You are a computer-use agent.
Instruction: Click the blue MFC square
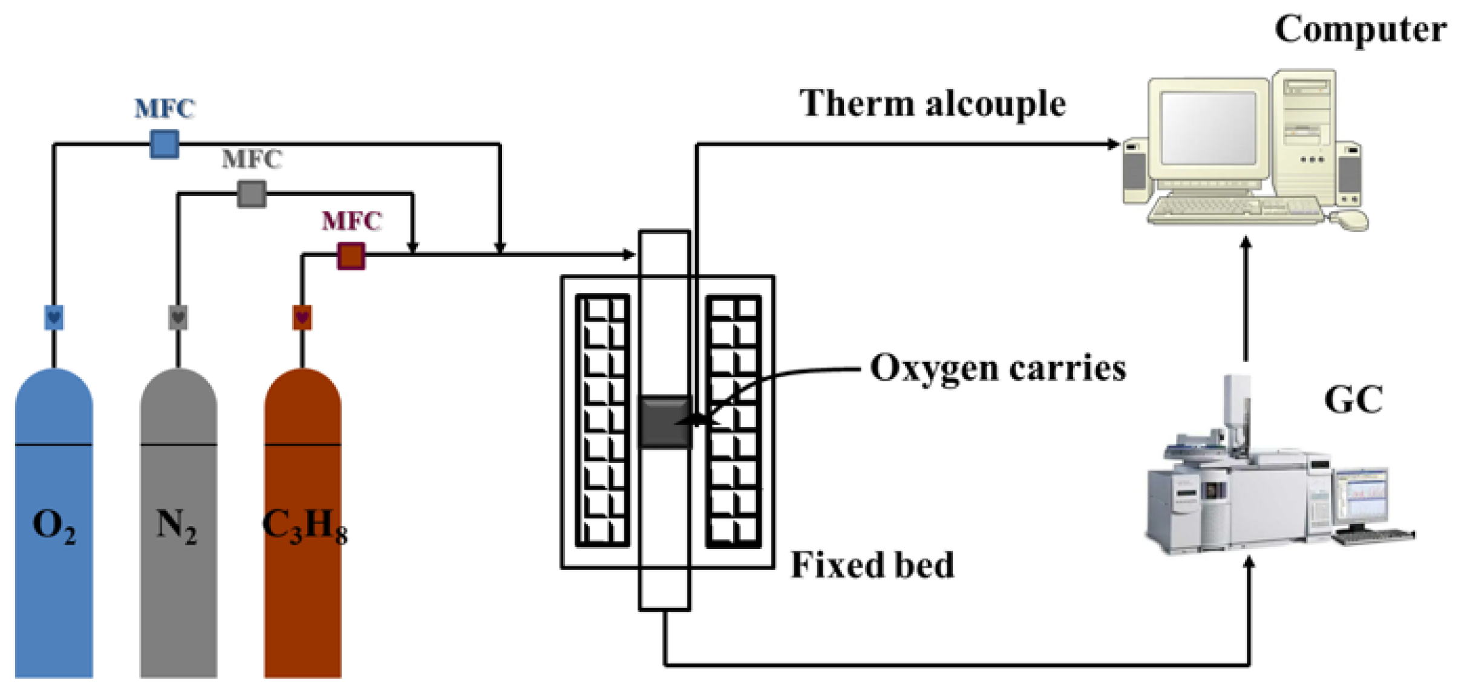point(164,144)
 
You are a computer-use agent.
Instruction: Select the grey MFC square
point(252,194)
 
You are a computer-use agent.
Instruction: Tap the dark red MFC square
point(351,256)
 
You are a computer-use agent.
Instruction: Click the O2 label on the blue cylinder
point(54,525)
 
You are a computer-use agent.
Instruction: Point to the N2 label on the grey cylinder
point(177,525)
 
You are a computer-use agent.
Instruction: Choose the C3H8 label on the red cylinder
point(305,525)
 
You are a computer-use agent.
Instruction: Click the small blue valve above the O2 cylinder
point(54,317)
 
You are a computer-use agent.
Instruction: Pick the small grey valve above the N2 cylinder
point(178,317)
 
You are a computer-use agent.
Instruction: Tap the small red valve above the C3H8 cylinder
point(302,317)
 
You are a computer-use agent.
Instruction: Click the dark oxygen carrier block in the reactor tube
point(665,422)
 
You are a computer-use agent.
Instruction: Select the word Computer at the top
point(1360,29)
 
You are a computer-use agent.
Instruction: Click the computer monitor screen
point(1207,128)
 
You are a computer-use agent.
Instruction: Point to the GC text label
point(1353,400)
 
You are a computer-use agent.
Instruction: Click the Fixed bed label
point(872,565)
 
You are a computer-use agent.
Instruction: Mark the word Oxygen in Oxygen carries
point(933,369)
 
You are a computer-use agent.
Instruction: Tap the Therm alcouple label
point(932,103)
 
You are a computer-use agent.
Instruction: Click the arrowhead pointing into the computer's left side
point(1112,144)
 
